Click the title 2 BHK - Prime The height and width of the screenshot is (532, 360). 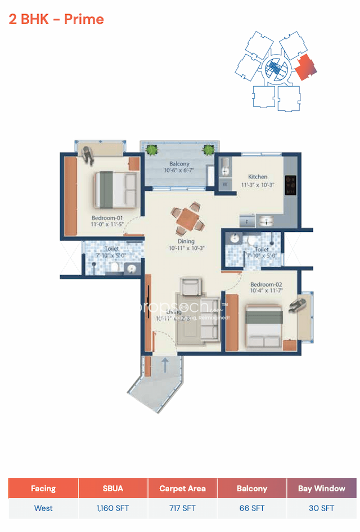tap(56, 19)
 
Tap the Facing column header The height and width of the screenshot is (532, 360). tap(43, 488)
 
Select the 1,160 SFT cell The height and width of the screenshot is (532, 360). tap(112, 508)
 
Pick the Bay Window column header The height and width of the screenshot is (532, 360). tap(321, 488)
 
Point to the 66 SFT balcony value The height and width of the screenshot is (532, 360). tap(251, 508)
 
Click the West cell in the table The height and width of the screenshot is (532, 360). tap(43, 508)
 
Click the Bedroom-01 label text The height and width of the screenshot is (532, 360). tap(107, 218)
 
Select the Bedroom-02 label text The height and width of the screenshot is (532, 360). tap(267, 284)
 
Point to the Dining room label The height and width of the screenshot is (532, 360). tap(186, 242)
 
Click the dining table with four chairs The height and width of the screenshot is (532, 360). tap(187, 219)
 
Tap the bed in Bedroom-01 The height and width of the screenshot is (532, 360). tap(115, 190)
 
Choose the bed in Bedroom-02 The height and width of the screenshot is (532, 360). tap(263, 326)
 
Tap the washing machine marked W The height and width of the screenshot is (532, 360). tap(225, 184)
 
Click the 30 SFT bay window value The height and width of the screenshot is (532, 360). tap(321, 508)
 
